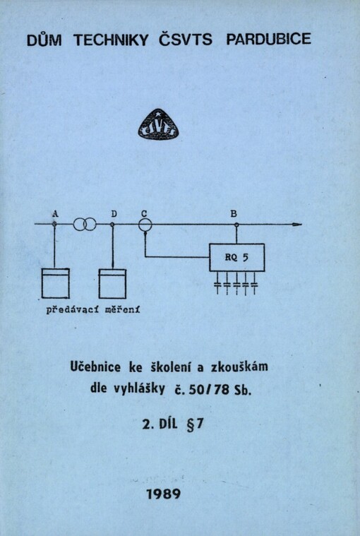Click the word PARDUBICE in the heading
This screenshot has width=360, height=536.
coord(268,39)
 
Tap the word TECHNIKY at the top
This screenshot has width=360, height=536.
coord(111,40)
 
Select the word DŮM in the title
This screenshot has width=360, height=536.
coord(44,40)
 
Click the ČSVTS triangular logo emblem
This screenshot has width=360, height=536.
coord(159,124)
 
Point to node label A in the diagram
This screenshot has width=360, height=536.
coord(55,214)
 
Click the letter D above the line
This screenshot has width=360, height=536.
coord(114,214)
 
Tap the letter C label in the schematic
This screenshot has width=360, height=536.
coord(144,214)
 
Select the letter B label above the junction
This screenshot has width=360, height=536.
coord(234,214)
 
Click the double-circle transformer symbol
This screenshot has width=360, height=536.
coord(85,225)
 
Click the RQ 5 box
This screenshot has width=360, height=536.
coord(236,257)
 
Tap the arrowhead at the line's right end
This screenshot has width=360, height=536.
coord(296,225)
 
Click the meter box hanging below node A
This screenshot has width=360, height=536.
coord(56,283)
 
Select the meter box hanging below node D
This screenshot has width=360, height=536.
coord(112,284)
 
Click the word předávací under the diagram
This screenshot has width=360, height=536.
coord(73,310)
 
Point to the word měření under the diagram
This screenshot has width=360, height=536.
coord(123,310)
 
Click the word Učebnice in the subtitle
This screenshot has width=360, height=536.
coord(95,367)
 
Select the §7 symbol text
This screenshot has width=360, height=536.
coord(195,424)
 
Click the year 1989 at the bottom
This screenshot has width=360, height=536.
coord(164,494)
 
